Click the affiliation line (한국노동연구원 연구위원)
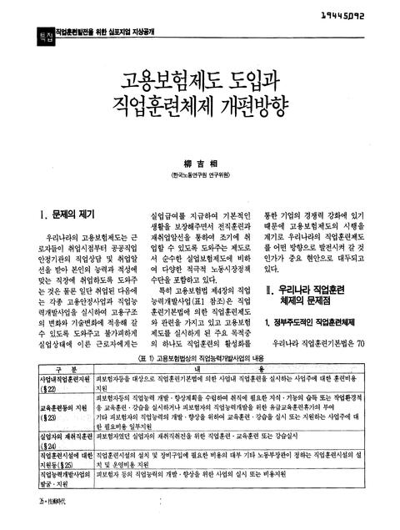pyautogui.click(x=199, y=178)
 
